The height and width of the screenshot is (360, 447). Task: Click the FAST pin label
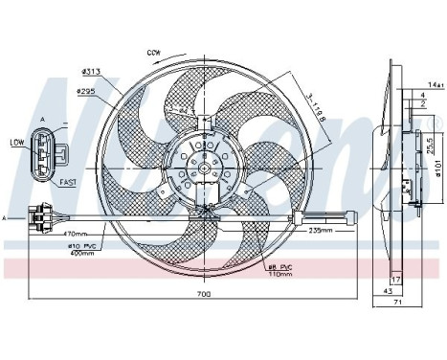pos(67,180)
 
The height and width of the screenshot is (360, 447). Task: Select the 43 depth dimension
pos(388,290)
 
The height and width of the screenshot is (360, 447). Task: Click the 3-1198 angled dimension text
pos(315,106)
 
